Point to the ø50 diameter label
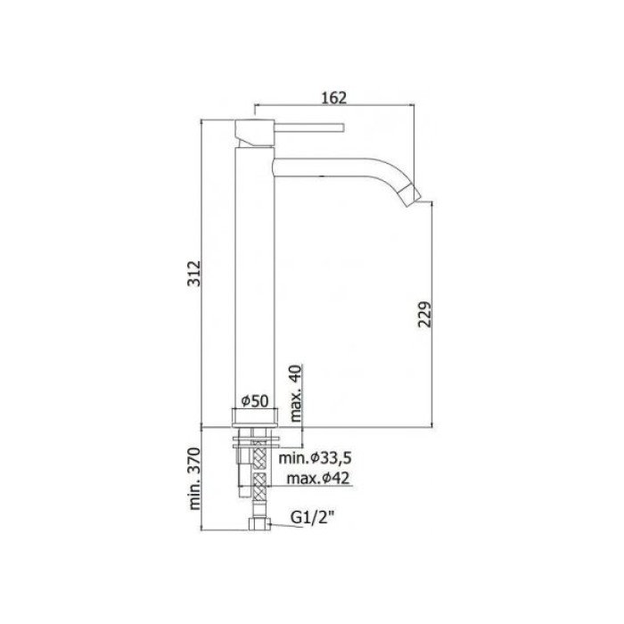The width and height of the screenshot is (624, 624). coord(257,401)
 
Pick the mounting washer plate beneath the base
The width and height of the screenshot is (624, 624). coord(257,437)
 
